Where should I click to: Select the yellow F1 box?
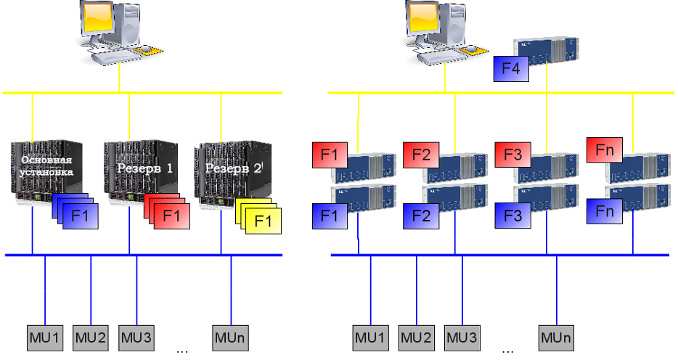point(264,221)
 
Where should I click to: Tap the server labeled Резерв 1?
point(141,171)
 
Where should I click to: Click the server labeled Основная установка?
point(46,171)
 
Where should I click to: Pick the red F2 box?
point(421,155)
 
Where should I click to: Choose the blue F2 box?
point(421,216)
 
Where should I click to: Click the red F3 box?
point(512,155)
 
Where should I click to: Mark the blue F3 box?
point(512,216)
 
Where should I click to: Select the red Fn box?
point(605,150)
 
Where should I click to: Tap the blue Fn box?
point(605,211)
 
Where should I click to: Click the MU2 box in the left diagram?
point(90,338)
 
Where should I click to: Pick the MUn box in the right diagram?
point(557,338)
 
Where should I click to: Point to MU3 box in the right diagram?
point(462,338)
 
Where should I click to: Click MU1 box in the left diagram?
point(45,338)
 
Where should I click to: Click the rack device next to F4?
point(546,51)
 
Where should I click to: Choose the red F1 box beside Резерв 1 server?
point(171,216)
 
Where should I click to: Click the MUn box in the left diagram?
point(230,338)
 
